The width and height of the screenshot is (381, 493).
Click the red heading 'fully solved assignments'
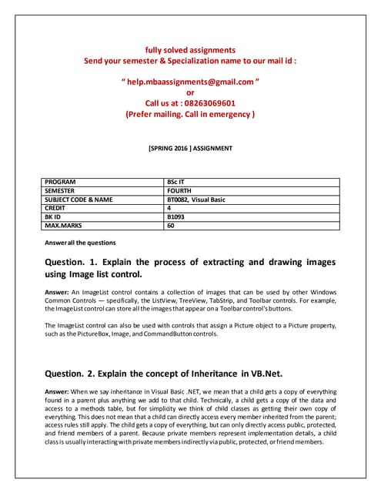point(191,49)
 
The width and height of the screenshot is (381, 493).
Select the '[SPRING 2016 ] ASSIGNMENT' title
point(190,148)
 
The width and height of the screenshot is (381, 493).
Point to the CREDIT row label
point(58,209)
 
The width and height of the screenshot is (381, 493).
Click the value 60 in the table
point(171,226)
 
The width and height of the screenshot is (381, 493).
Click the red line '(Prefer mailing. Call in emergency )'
point(191,114)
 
